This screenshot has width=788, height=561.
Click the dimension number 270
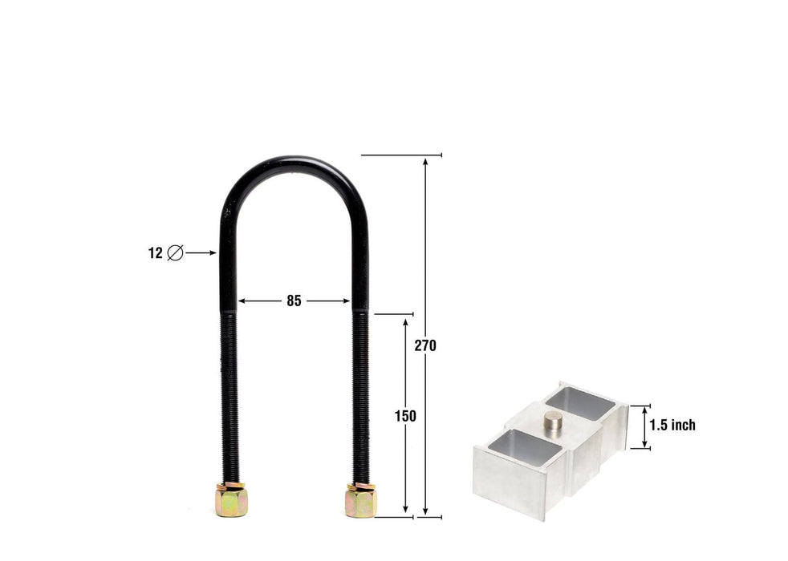pos(425,345)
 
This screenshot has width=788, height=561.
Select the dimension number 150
pos(406,416)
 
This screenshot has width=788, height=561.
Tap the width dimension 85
pos(294,301)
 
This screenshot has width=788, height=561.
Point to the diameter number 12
pos(155,253)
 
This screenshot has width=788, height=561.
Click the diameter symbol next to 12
pos(175,253)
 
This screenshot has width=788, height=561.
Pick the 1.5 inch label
pos(672,426)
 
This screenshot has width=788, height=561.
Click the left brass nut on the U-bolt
pos(231,501)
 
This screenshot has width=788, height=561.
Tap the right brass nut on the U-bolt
pos(360,501)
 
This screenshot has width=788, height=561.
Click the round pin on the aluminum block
pos(554,422)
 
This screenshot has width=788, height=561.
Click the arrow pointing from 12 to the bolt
pos(201,252)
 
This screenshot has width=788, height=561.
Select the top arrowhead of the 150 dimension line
pos(406,321)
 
